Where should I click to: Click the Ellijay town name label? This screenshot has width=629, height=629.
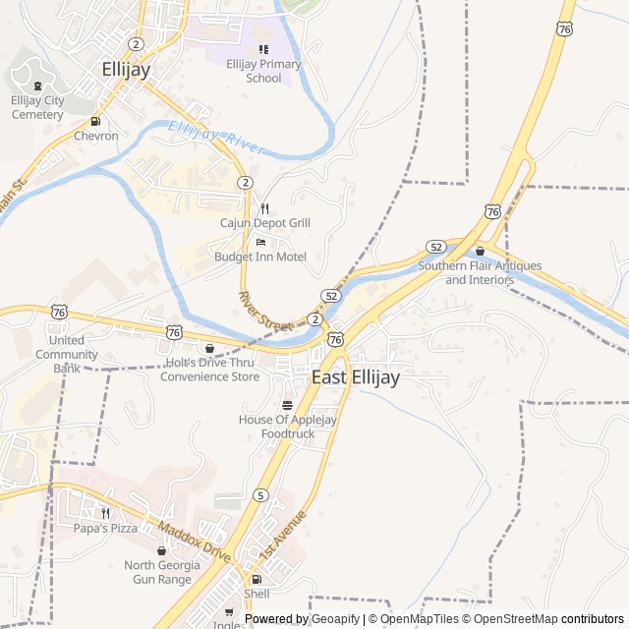127,69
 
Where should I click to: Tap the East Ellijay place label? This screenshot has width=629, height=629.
356,377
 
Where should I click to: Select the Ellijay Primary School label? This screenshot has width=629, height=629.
263,71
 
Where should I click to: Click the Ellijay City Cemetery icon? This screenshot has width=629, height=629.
37,86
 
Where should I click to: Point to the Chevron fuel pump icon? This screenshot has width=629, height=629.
95,122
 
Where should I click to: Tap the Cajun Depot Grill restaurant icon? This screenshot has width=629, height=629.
264,208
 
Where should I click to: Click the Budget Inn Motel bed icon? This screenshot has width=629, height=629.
260,242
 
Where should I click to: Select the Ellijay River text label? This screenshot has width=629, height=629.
216,138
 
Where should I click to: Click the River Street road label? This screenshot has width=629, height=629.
265,311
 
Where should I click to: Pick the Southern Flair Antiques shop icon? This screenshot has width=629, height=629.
480,252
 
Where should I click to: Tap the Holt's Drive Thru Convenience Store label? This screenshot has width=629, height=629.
209,369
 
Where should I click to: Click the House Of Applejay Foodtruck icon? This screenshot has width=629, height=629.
287,405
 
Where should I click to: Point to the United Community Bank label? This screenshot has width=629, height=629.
67,354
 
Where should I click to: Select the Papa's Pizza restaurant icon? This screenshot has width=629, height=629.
105,512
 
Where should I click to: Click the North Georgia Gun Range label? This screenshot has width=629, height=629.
162,572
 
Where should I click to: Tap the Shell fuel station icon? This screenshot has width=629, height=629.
257,579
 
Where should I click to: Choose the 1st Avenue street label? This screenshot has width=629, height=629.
284,536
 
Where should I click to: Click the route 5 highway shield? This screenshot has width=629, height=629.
259,494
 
